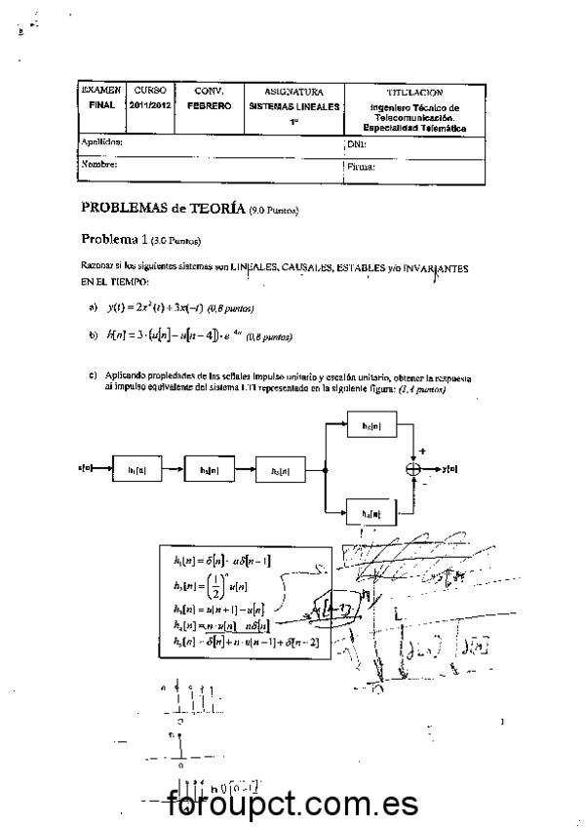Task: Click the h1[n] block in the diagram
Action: (138, 469)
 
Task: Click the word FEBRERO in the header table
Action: (209, 105)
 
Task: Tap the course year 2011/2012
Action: (150, 104)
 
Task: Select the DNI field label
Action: (356, 144)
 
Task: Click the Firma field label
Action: (361, 167)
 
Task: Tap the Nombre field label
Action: (99, 165)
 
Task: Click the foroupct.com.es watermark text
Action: (292, 806)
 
